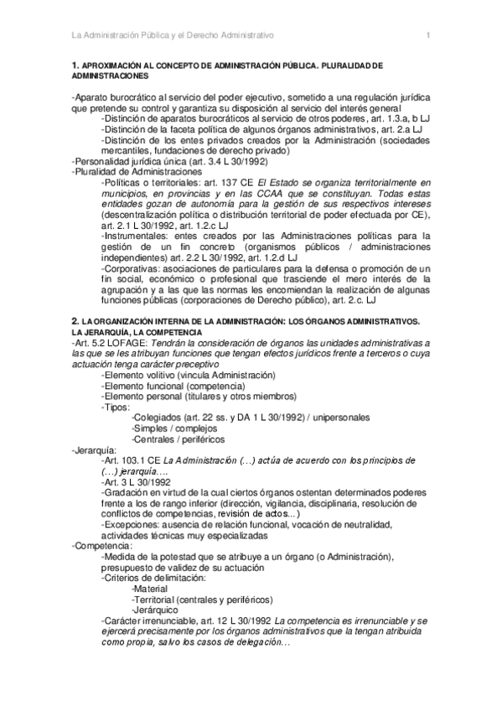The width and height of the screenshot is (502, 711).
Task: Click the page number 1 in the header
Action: coord(427,35)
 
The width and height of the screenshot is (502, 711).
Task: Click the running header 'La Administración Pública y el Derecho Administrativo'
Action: coord(173,35)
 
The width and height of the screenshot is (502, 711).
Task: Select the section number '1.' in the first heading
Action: coord(75,65)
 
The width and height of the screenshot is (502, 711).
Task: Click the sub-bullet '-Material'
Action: coord(150,589)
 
